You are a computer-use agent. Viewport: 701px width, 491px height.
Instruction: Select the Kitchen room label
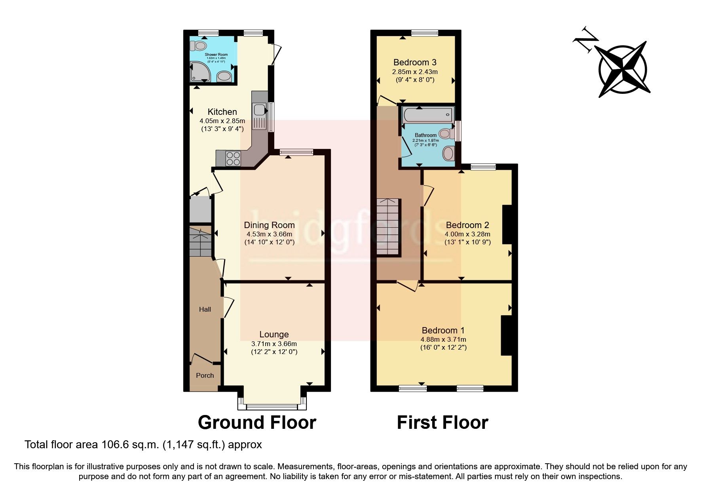[222, 112]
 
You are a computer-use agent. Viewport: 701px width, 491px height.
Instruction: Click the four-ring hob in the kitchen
[233, 158]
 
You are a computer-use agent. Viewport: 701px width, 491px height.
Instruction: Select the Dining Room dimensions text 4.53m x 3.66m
[269, 234]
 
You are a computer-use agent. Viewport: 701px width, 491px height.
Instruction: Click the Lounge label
[274, 335]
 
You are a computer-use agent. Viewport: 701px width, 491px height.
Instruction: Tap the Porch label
[205, 375]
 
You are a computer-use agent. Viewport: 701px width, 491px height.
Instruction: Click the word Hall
[205, 309]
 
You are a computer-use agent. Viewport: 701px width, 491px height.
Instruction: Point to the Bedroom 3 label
[415, 62]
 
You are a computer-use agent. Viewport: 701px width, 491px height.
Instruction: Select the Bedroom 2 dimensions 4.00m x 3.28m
[467, 234]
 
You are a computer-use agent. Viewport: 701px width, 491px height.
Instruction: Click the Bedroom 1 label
[443, 330]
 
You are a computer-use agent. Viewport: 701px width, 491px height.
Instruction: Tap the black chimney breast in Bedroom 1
[506, 335]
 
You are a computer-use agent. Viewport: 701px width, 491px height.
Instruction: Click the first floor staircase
[388, 227]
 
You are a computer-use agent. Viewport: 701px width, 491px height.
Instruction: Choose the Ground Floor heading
[257, 422]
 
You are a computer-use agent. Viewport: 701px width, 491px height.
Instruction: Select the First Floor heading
[442, 422]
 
